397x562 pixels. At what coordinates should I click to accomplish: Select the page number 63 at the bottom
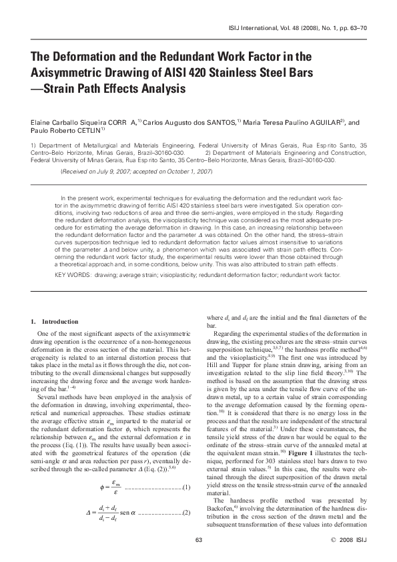(x=198, y=539)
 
